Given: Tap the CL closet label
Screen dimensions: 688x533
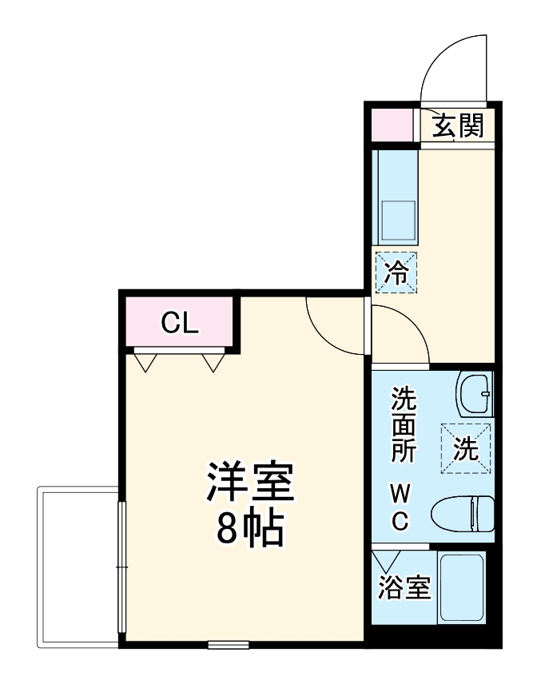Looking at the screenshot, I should point(179,323).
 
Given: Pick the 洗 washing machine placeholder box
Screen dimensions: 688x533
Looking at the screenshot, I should point(466,449).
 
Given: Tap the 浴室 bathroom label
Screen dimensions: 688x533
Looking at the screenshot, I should point(404,588).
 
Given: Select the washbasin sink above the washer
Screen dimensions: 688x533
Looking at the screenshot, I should point(475,393).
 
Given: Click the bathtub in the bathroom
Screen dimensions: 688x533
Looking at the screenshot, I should point(463,588).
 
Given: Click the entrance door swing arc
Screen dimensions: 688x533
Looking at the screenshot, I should point(452,69).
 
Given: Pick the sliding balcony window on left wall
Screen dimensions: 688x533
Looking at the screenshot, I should point(121,567).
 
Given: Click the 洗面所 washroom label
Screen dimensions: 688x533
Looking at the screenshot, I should point(403,424).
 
